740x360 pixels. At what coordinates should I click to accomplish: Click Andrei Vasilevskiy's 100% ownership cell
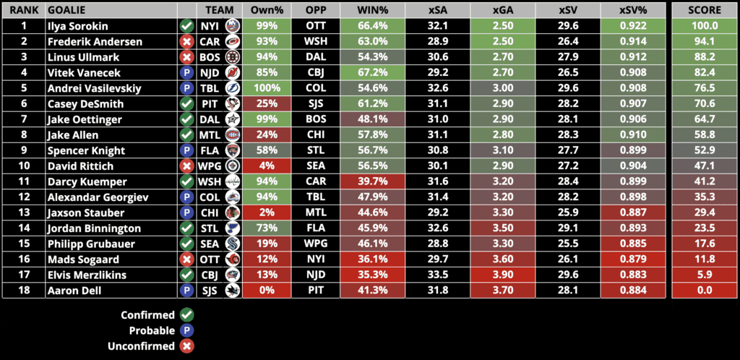[267, 88]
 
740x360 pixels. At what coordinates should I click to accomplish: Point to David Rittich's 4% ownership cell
[267, 166]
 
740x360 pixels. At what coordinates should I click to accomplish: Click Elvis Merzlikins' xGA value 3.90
[504, 275]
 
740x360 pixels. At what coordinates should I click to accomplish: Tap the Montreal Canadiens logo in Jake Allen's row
[232, 135]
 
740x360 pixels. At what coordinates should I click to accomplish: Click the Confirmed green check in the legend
[186, 315]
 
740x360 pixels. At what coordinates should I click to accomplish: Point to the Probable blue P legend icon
[186, 330]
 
